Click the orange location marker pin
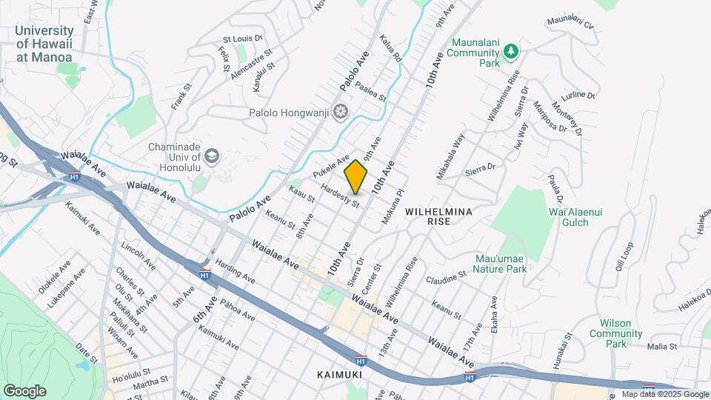click(x=356, y=177)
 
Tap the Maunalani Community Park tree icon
click(x=510, y=50)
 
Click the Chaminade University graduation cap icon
click(x=213, y=156)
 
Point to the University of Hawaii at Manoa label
click(x=44, y=44)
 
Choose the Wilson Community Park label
click(x=616, y=333)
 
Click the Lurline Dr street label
click(x=578, y=94)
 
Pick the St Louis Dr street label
click(x=243, y=37)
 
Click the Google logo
click(x=24, y=390)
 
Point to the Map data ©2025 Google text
click(x=664, y=394)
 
